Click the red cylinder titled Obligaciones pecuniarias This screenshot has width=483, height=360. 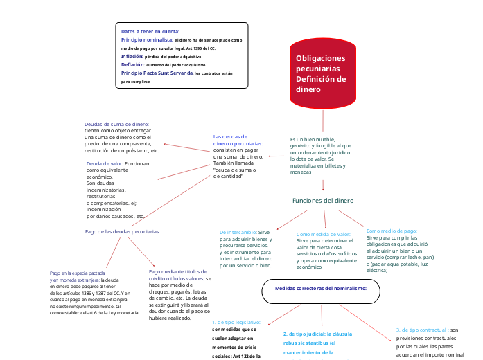pos(323,74)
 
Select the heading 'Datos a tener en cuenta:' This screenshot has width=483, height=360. pos(150,32)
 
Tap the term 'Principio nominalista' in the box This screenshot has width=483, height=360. pos(147,40)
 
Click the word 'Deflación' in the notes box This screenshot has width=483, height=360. pos(132,64)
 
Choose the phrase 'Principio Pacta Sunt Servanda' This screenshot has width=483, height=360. pos(157,73)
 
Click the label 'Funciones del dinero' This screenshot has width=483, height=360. pos(323,201)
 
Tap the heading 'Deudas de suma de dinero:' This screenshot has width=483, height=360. pos(116,124)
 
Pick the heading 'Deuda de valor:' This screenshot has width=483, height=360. pos(105,164)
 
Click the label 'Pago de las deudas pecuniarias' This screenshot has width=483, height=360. pos(122,231)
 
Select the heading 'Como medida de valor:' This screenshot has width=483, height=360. pos(323,235)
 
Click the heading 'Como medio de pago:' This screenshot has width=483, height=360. pos(392,231)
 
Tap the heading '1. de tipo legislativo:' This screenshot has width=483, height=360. pos(236,323)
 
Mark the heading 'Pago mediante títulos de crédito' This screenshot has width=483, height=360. pos(177,272)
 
